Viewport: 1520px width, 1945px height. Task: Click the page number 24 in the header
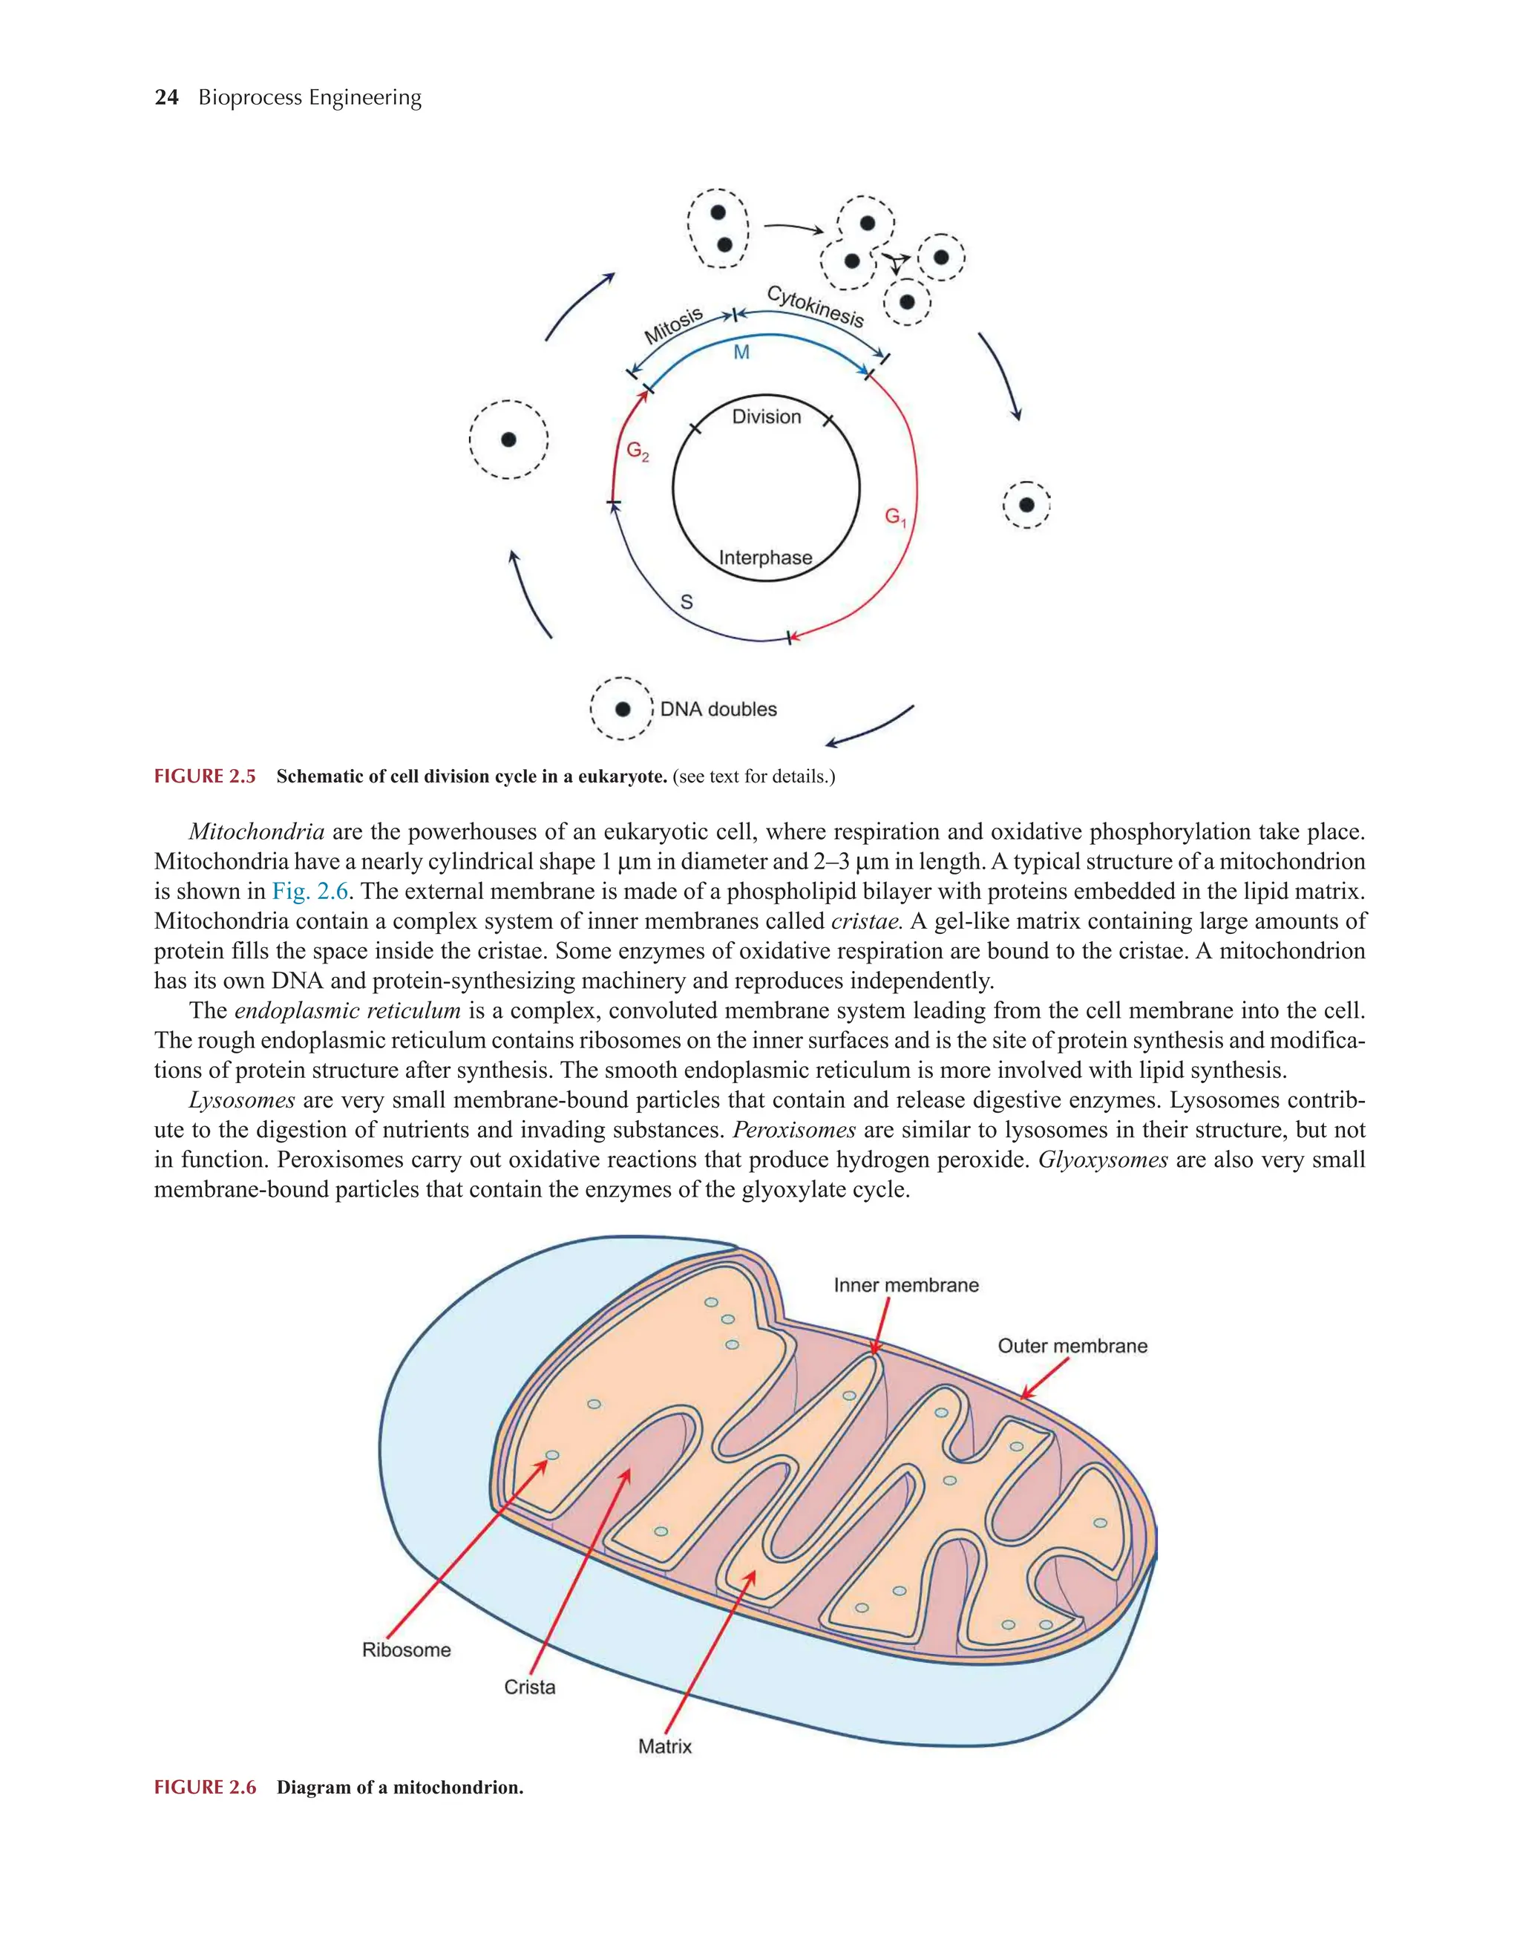click(166, 97)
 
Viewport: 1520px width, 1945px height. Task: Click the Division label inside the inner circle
click(766, 416)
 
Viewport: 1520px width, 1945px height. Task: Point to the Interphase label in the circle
click(765, 558)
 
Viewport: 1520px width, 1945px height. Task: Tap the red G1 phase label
click(894, 517)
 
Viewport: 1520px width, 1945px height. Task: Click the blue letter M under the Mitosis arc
click(741, 353)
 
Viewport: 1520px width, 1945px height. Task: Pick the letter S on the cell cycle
click(687, 603)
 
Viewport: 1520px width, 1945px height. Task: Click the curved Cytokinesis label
click(815, 305)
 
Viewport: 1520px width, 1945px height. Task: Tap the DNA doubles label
click(718, 710)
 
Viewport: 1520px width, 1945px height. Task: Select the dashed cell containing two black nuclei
click(718, 228)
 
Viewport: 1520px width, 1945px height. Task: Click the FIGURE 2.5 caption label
click(205, 777)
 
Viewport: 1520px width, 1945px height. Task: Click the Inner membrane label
click(905, 1285)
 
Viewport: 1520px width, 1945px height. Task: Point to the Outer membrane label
click(1072, 1346)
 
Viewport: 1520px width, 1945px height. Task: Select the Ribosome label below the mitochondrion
click(406, 1650)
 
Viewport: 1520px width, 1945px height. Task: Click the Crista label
click(529, 1687)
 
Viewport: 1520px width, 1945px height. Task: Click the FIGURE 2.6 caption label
click(205, 1788)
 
